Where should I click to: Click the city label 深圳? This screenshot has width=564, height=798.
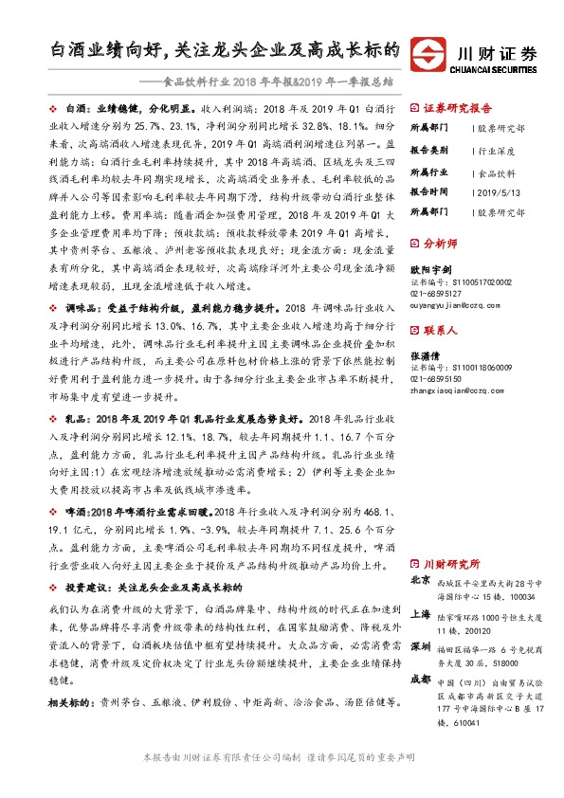[421, 646]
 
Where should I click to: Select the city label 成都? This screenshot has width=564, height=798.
[421, 679]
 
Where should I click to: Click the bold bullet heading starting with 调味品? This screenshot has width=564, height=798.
[162, 309]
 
